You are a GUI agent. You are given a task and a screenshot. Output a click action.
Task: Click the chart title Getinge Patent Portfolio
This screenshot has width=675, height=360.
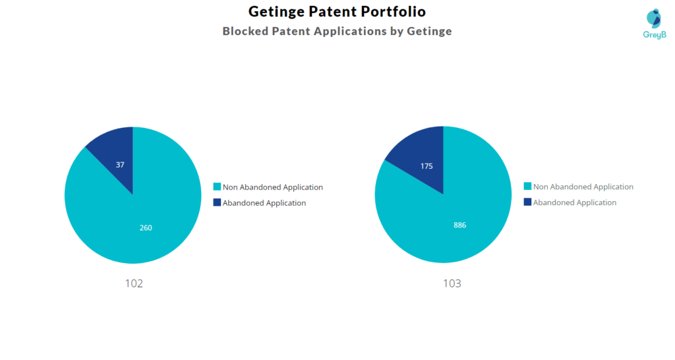[337, 12]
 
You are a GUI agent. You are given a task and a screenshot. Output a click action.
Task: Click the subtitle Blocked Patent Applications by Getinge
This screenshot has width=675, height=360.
[337, 31]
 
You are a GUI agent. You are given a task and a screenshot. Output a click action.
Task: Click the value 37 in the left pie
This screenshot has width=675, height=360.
[120, 165]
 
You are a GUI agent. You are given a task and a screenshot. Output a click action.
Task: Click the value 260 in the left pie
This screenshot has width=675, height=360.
[146, 227]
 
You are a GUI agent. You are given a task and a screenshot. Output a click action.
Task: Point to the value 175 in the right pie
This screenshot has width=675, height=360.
[426, 166]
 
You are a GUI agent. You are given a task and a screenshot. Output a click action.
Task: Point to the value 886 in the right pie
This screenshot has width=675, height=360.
[459, 225]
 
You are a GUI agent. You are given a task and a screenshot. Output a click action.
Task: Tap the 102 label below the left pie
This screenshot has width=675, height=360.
[134, 284]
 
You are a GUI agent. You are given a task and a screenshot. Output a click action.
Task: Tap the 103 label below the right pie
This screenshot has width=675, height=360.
[452, 284]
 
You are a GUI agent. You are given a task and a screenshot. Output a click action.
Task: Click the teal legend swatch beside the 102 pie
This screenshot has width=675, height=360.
[217, 187]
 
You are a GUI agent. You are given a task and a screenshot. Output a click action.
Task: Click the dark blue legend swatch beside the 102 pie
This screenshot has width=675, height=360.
[217, 203]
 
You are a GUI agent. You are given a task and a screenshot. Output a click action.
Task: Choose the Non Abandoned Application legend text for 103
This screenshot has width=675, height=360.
[583, 187]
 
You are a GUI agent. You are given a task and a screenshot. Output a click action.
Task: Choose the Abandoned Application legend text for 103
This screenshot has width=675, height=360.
[575, 203]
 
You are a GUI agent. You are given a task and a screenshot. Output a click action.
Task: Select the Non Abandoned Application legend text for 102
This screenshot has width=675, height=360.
[273, 187]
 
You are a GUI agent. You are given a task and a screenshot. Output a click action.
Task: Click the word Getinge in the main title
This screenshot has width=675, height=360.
[276, 12]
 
